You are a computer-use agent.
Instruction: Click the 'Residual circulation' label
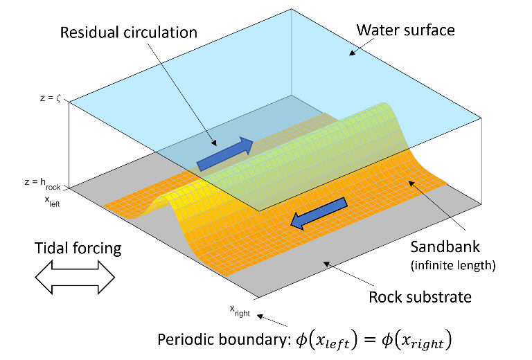point(129,33)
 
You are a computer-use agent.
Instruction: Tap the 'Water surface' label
point(405,30)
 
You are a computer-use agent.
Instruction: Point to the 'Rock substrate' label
point(420,297)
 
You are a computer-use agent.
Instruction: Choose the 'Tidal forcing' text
point(78,248)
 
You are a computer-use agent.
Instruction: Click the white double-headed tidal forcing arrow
point(75,278)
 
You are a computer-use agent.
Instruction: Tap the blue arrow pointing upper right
point(226,154)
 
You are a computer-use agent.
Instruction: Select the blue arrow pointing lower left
point(318,213)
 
